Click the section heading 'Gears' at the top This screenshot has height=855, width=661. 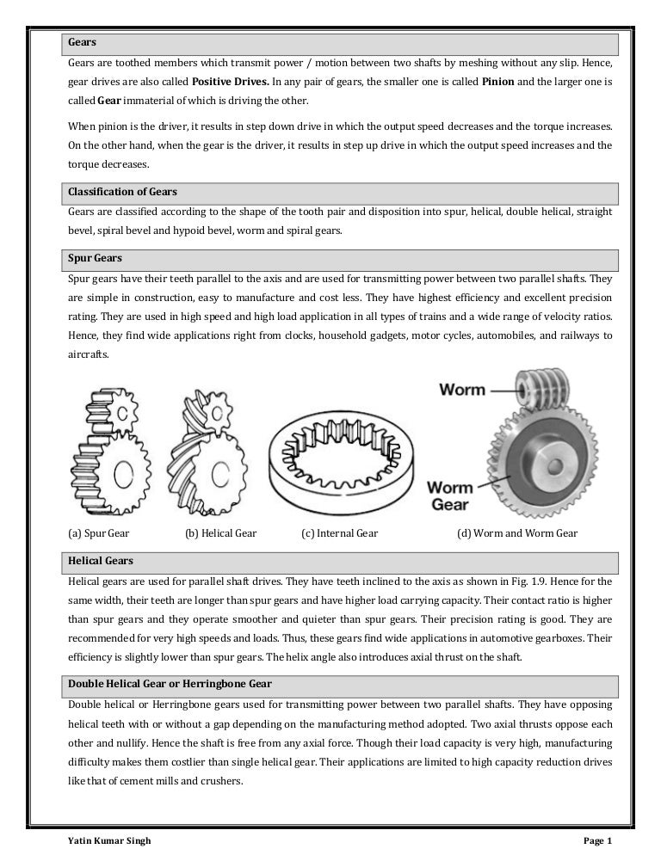click(x=83, y=42)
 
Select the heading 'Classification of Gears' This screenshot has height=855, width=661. click(x=122, y=191)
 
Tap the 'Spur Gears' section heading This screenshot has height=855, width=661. click(x=95, y=257)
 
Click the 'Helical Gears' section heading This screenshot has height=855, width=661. click(x=101, y=560)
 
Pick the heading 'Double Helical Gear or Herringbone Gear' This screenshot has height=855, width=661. click(x=170, y=684)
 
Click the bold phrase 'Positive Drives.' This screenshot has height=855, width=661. click(x=231, y=83)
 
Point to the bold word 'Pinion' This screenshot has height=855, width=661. click(x=498, y=83)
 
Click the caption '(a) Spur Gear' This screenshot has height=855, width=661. click(x=98, y=533)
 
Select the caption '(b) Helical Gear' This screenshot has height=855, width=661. click(x=221, y=533)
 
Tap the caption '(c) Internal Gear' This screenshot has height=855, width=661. click(x=339, y=533)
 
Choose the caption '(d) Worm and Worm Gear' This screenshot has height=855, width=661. click(x=516, y=533)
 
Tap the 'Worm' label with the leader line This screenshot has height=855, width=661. click(x=462, y=391)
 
